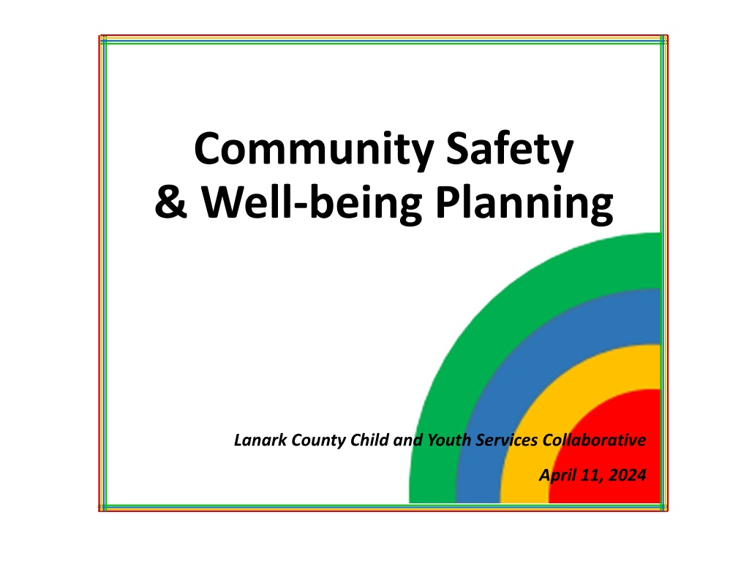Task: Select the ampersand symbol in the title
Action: (170, 202)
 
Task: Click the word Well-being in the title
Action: (312, 205)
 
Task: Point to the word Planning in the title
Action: (524, 205)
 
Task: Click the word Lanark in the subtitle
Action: (260, 440)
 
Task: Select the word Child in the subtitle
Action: (369, 440)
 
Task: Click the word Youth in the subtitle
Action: (449, 440)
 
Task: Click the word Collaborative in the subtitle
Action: (594, 440)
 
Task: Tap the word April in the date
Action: (557, 476)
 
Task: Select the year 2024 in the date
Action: (628, 475)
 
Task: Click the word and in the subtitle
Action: (408, 440)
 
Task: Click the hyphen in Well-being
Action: (300, 206)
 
